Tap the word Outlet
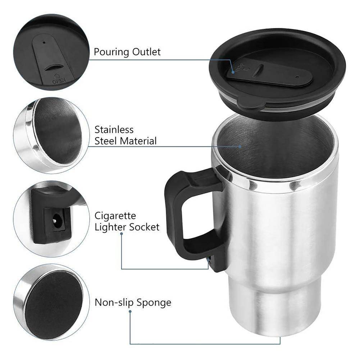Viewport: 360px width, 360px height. coord(147,52)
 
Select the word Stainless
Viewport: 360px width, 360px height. coord(114,129)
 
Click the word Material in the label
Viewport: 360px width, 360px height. coord(138,141)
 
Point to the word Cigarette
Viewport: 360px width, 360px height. coord(115,216)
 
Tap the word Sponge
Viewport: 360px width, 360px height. coord(154,303)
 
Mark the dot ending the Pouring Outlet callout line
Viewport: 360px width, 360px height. coord(233,72)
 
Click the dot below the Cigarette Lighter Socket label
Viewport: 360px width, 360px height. coord(122,234)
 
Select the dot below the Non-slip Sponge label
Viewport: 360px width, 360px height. coord(130,311)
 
